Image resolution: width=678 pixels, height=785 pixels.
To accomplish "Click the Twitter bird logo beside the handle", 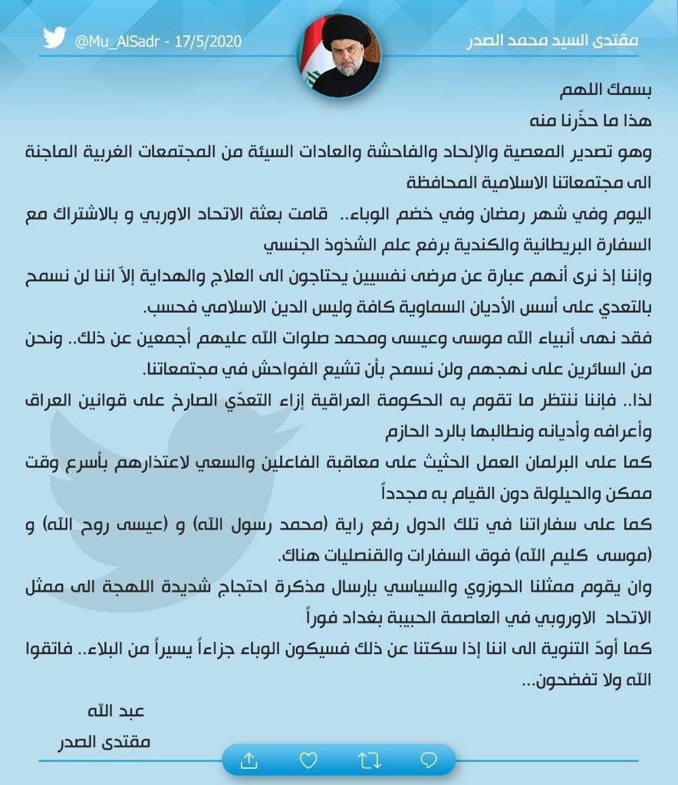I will coord(54,38).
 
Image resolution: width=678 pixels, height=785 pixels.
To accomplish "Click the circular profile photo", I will coord(338,55).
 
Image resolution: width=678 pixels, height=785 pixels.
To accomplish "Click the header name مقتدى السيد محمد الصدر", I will coord(552,40).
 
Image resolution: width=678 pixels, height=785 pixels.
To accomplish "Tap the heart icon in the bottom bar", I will coord(308,760).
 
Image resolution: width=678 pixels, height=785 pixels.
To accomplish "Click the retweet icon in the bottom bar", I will coord(369,760).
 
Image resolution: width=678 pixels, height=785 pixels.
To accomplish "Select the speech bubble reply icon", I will coord(429,760).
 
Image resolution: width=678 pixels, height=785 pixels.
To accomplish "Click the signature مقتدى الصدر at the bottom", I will coord(104,742).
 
